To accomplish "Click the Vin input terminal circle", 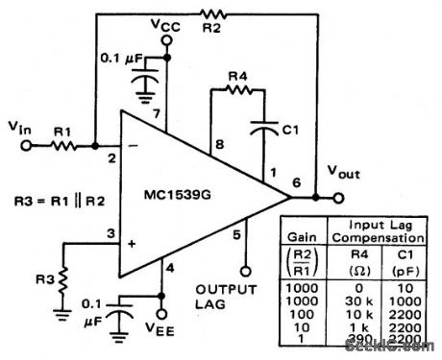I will click(29, 146).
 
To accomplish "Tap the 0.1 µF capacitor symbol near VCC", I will click(145, 84).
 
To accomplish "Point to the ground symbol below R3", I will click(62, 312).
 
